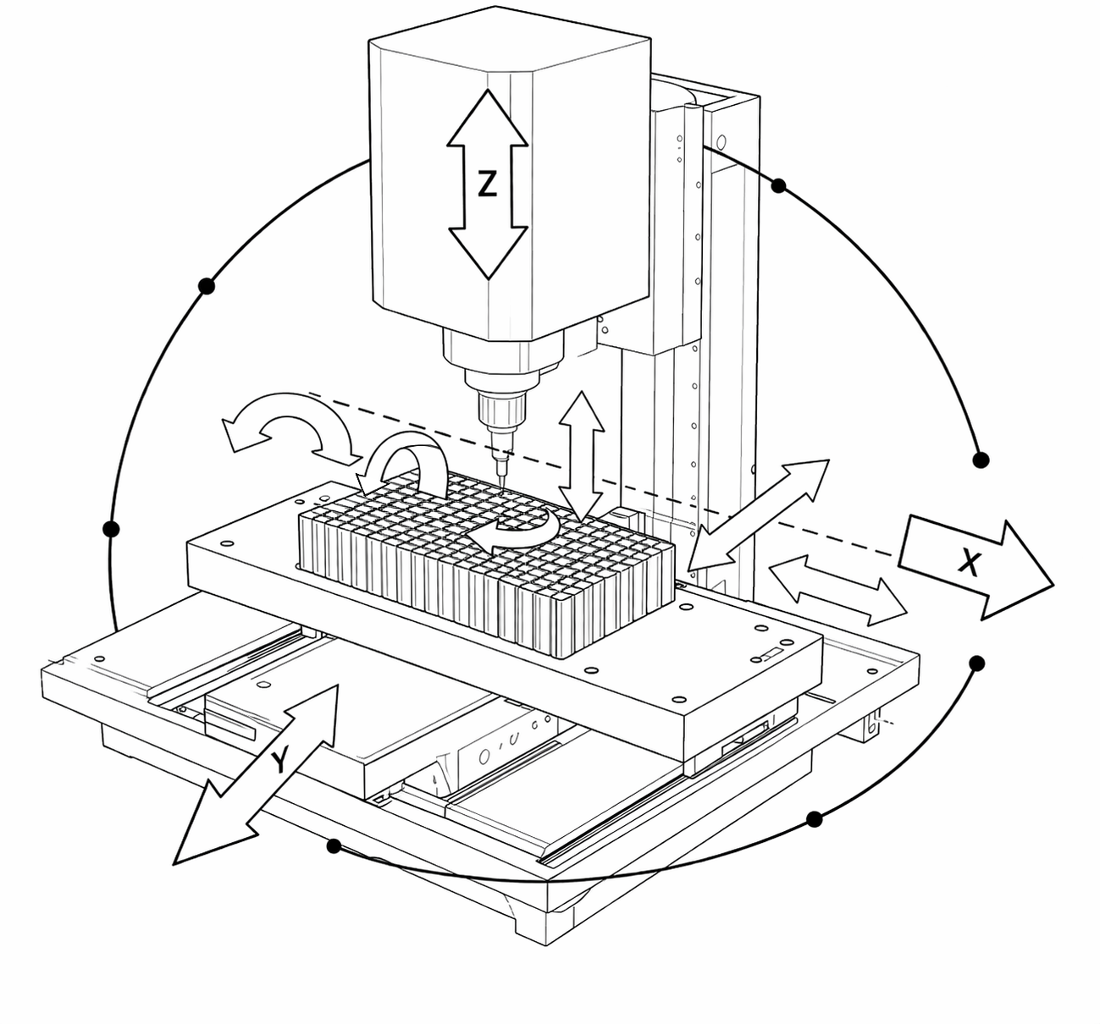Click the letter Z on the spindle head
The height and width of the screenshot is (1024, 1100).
point(487,184)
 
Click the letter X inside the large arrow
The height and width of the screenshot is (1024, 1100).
point(969,561)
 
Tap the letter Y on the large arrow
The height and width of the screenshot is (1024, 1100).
point(280,762)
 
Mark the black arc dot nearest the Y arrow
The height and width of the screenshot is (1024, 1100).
point(334,845)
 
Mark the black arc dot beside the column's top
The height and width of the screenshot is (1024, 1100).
point(779,184)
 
